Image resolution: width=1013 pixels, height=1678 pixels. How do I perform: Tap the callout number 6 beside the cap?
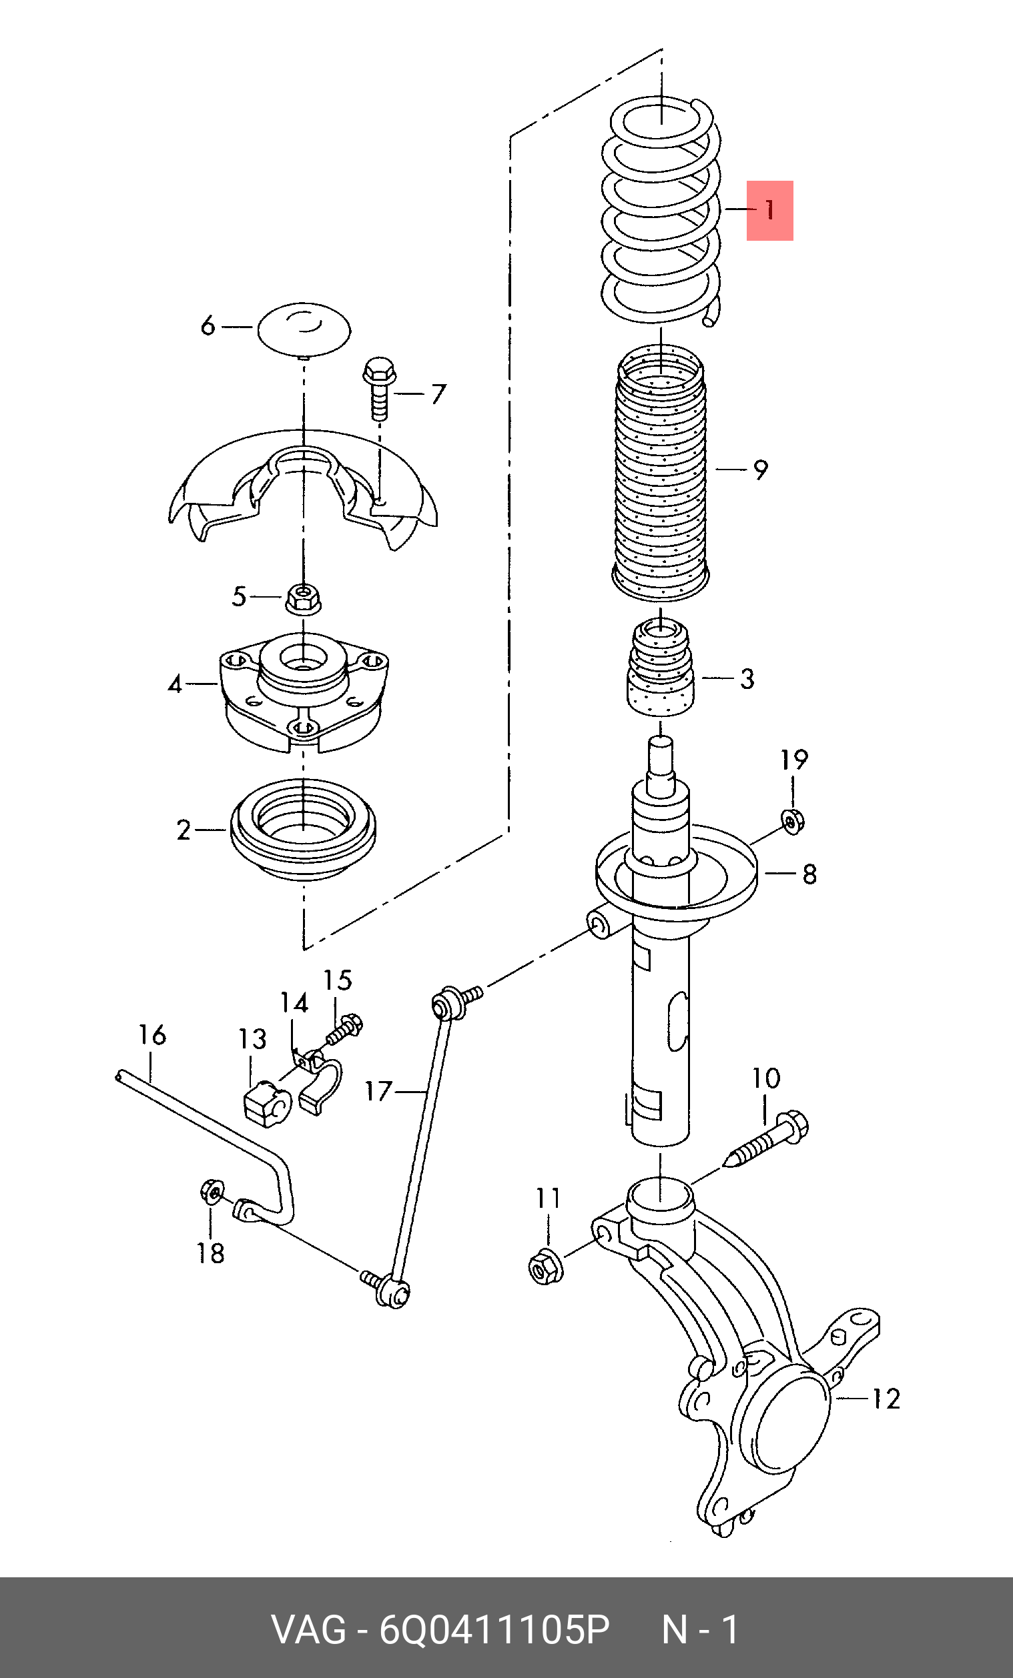208,325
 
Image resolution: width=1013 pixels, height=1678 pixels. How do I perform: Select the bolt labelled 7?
380,389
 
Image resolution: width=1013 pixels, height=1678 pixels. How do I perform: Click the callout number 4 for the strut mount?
175,683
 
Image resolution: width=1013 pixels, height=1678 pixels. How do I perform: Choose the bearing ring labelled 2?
303,830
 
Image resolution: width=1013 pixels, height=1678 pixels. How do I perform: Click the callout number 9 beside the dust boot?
761,470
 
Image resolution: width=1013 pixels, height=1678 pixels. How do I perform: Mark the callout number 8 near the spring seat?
809,874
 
